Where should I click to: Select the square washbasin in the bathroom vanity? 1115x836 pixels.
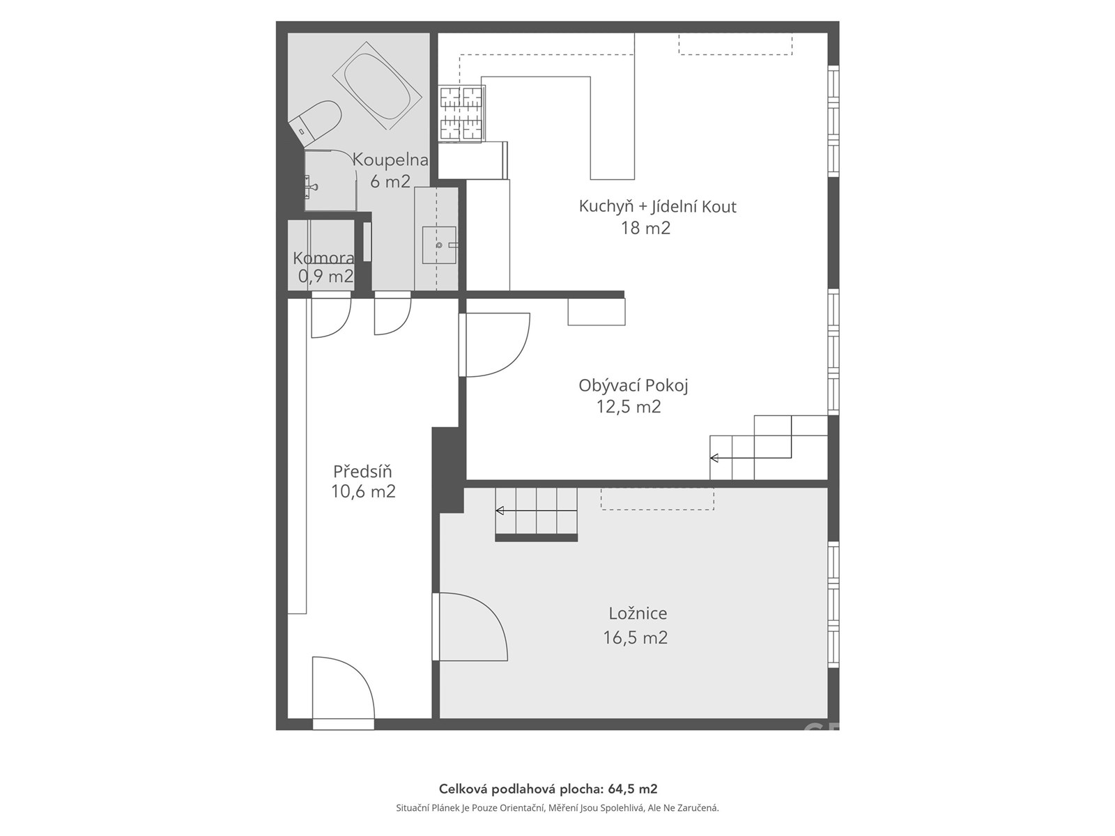coord(440,245)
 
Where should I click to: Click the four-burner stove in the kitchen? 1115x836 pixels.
coord(462,113)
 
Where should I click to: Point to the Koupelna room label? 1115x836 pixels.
coord(390,160)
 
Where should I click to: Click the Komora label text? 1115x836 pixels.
coord(323,258)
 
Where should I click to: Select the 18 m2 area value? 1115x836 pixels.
coord(645,228)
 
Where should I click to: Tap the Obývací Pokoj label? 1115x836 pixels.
coord(633,386)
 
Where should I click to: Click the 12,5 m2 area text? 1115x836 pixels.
coord(629,407)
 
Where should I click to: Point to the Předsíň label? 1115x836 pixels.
coord(362,472)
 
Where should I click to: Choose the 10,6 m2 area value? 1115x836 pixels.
coord(363,491)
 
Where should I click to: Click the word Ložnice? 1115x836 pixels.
coord(638,614)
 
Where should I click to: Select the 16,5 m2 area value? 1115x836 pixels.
coord(635,637)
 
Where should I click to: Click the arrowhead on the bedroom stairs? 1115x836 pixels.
coord(500,510)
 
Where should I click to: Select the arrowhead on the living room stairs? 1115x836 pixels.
coord(714,458)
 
